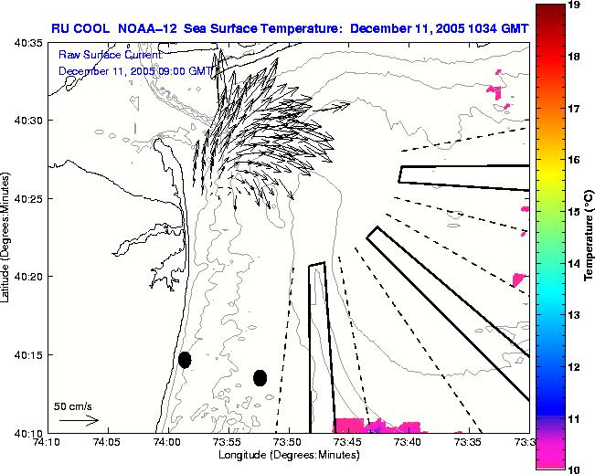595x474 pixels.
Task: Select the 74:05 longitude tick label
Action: pos(106,443)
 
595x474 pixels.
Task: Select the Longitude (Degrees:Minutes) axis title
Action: pos(286,455)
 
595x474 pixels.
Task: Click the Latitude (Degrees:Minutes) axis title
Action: pos(6,237)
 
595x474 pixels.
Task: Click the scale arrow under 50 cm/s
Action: pos(79,420)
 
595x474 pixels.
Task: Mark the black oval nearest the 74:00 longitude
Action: pos(185,360)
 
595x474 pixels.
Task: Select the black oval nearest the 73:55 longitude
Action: pos(260,377)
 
